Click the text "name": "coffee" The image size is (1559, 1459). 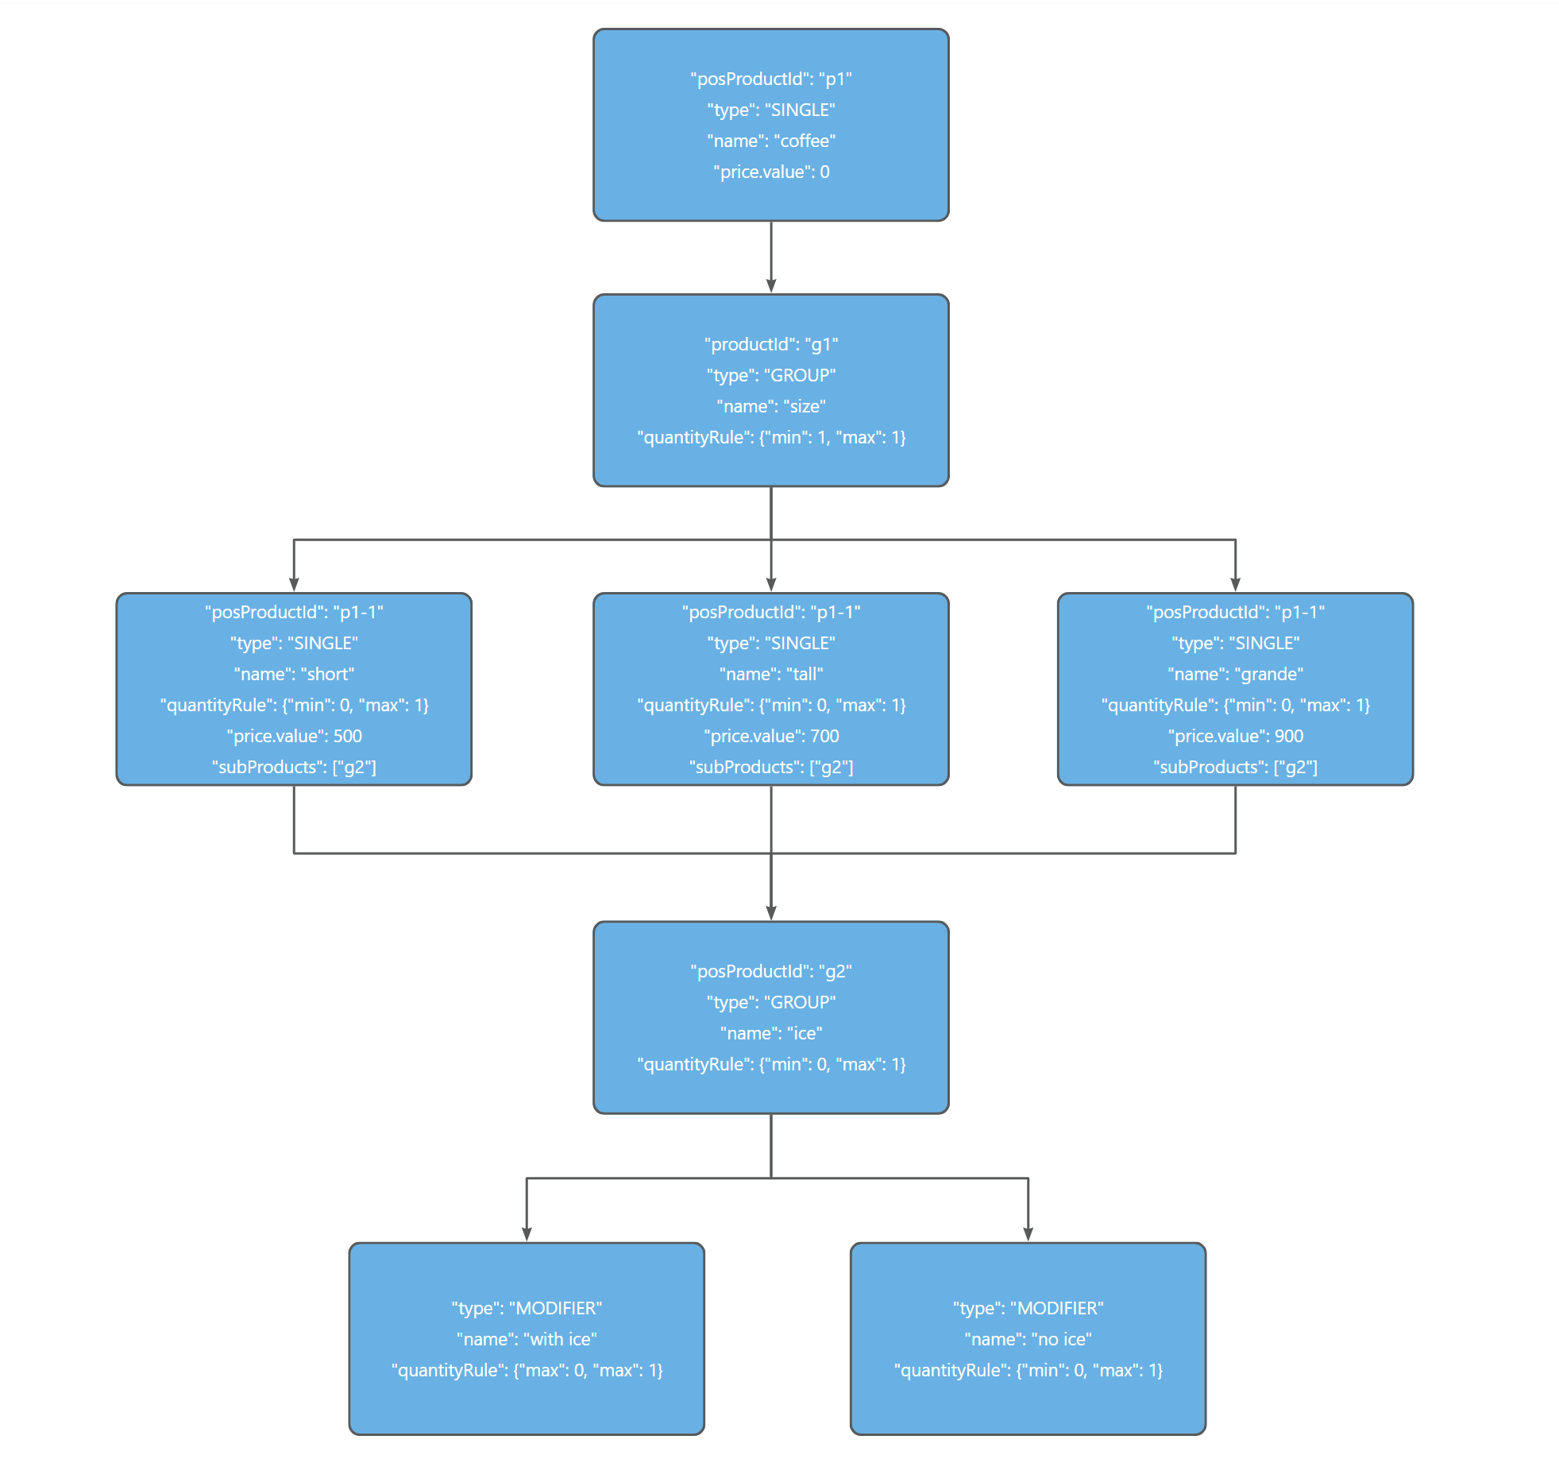[x=770, y=141]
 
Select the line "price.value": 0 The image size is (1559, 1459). [x=770, y=172]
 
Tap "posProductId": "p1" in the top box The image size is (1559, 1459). [x=770, y=79]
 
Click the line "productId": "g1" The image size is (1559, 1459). [x=770, y=345]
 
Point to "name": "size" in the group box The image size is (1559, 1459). [x=770, y=407]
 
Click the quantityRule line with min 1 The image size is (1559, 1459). [x=770, y=438]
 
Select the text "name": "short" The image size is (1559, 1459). [x=294, y=675]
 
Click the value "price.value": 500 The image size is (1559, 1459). [x=294, y=737]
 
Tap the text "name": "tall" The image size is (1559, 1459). [x=770, y=675]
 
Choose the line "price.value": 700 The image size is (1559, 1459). [x=770, y=737]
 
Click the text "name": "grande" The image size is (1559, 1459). [x=1235, y=675]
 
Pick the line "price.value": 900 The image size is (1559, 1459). [x=1235, y=737]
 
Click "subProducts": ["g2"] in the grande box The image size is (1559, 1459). [x=1235, y=768]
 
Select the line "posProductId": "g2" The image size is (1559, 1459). [x=770, y=972]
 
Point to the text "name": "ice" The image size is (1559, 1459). [x=770, y=1034]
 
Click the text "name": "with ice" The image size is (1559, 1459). [x=527, y=1340]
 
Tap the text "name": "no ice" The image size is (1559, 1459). [x=1028, y=1340]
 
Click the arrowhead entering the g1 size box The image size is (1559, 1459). [x=770, y=286]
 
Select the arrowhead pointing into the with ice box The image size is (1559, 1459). [x=527, y=1234]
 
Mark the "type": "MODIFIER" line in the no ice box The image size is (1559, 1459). [x=1028, y=1309]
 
